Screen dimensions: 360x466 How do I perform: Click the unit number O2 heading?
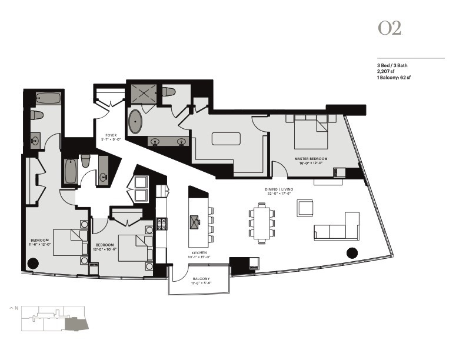[390, 29]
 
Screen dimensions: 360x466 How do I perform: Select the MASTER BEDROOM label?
[311, 159]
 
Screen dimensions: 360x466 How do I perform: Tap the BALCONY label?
[200, 278]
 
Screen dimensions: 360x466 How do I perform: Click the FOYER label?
[110, 135]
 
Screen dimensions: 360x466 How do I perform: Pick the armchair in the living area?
[307, 208]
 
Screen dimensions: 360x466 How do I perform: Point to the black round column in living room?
[352, 253]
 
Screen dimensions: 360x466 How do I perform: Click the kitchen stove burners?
[162, 224]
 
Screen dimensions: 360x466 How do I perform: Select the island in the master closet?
[227, 139]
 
